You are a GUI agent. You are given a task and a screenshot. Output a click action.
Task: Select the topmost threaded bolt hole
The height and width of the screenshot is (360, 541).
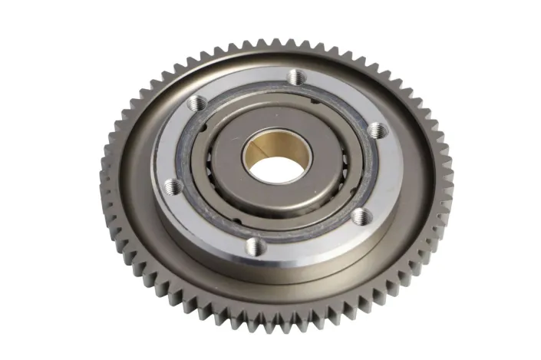point(296,76)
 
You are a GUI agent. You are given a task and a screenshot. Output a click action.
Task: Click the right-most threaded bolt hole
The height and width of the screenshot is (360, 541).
point(375,130)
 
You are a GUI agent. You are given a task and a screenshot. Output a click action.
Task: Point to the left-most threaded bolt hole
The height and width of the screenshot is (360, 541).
point(172,185)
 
